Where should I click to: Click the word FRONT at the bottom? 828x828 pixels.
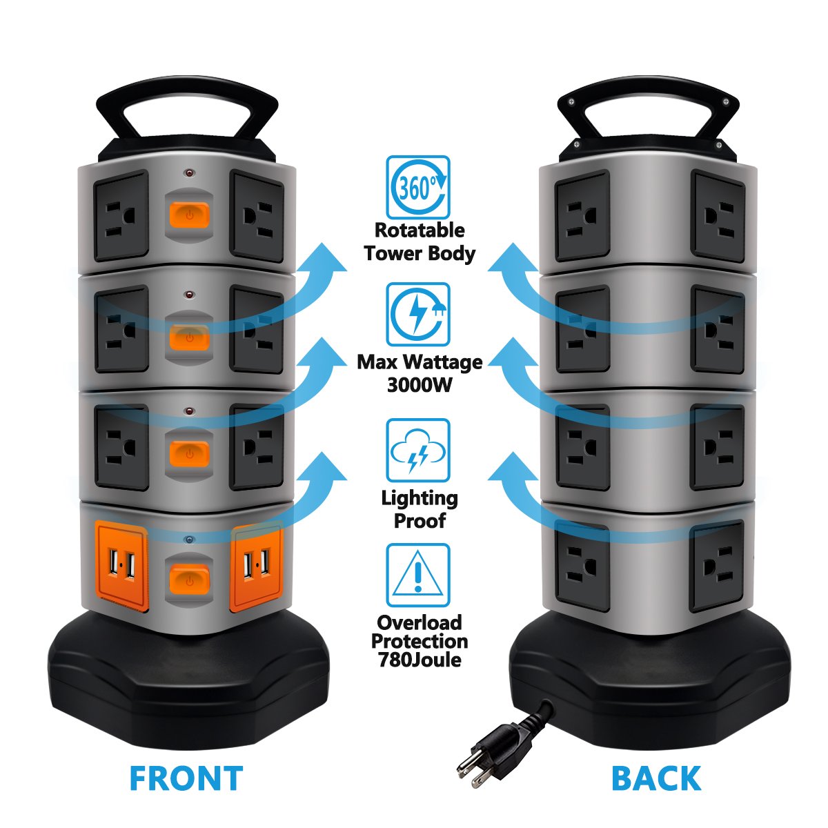click(186, 778)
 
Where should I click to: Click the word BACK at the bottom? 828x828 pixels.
click(655, 778)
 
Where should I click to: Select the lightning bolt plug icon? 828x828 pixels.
click(417, 314)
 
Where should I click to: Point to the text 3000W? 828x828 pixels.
click(420, 384)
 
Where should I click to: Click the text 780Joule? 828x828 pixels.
click(420, 660)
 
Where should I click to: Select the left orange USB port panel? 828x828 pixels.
click(122, 567)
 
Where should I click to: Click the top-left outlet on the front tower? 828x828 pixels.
click(121, 216)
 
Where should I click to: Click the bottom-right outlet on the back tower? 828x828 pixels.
click(716, 566)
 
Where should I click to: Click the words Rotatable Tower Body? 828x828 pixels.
click(420, 241)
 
